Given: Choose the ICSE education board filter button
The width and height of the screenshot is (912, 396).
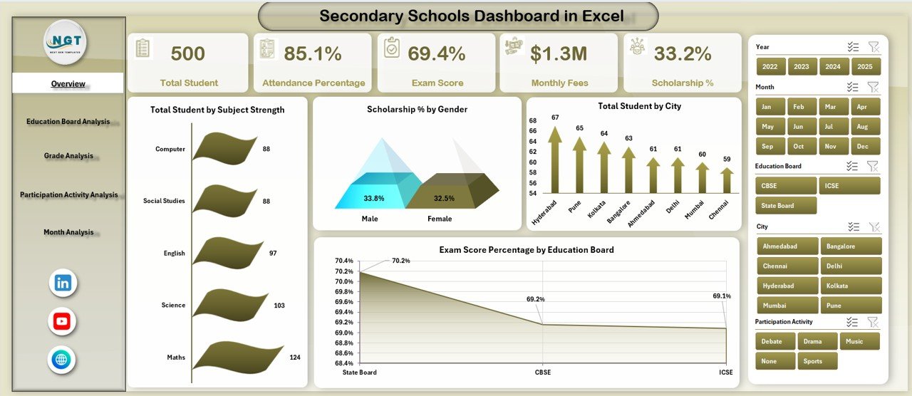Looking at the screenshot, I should click(x=849, y=186).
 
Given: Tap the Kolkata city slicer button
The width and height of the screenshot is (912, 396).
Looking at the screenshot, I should click(x=851, y=286).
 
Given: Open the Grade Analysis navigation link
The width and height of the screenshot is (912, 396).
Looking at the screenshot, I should click(x=68, y=156).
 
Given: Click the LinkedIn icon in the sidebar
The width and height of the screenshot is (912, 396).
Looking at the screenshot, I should click(x=63, y=283).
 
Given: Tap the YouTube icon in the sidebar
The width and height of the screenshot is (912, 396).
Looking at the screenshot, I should click(x=62, y=321).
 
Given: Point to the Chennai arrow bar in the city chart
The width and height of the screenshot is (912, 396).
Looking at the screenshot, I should click(x=726, y=181).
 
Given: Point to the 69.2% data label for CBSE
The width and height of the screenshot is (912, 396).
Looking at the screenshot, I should click(x=535, y=300).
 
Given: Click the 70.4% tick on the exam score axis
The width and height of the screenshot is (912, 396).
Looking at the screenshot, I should click(x=344, y=261).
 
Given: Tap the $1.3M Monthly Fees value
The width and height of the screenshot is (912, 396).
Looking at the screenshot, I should click(x=559, y=53).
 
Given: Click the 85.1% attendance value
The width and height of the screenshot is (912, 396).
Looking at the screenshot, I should click(x=312, y=53).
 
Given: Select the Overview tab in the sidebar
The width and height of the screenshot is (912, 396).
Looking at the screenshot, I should click(x=68, y=84).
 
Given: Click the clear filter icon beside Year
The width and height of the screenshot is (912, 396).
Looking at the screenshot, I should click(x=874, y=47).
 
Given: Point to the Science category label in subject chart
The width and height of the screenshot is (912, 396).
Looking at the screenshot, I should click(x=173, y=306).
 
